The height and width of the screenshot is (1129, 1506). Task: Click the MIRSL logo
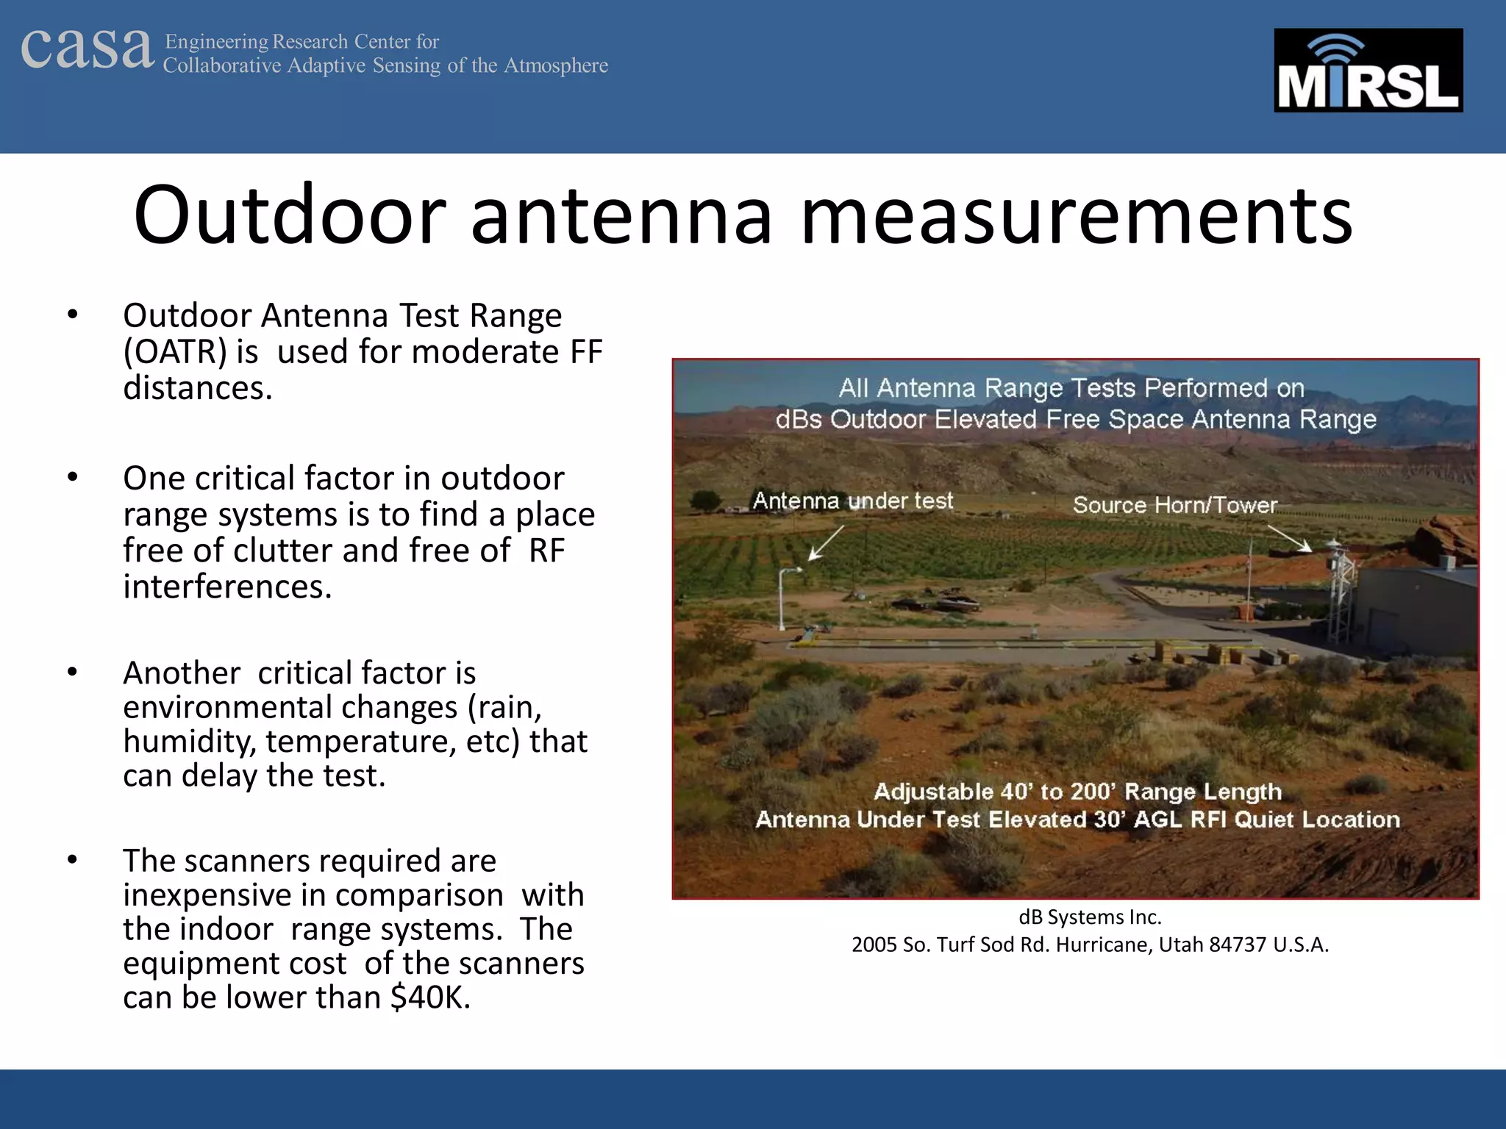click(x=1368, y=71)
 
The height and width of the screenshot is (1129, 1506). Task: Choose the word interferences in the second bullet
click(x=227, y=587)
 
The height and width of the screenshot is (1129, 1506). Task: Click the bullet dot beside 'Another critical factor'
click(x=72, y=672)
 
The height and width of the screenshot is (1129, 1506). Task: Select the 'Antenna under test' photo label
click(x=852, y=501)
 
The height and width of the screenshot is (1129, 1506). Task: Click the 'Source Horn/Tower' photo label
click(x=1174, y=505)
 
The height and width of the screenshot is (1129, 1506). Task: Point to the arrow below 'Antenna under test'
click(x=825, y=544)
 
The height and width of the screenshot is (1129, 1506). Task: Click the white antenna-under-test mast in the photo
click(x=782, y=599)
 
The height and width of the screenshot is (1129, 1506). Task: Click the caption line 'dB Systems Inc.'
click(x=1090, y=917)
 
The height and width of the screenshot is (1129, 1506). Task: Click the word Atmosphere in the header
click(x=555, y=65)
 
